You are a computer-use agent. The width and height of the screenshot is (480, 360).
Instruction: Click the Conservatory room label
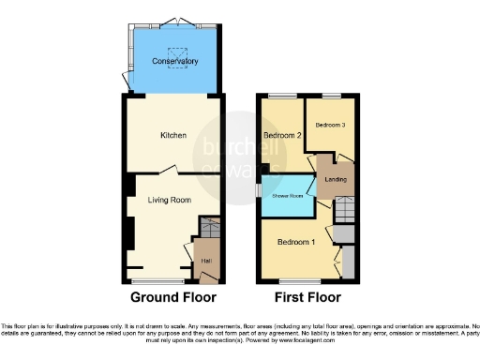176,62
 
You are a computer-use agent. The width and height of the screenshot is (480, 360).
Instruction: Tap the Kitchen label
173,135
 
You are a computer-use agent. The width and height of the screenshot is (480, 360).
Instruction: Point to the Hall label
205,260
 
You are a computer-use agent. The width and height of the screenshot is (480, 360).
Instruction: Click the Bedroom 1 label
294,242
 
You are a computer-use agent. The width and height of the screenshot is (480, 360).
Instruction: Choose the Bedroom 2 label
282,136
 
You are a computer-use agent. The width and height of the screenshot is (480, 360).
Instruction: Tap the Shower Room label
287,195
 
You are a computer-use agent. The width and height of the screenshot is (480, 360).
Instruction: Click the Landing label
336,178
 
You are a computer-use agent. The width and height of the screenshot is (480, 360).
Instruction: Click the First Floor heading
306,299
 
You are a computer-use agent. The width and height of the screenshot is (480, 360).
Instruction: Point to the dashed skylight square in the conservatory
176,53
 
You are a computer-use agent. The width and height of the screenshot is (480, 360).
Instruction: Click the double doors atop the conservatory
177,22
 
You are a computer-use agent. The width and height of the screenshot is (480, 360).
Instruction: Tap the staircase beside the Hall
209,227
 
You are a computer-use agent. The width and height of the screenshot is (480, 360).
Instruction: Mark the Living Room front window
157,281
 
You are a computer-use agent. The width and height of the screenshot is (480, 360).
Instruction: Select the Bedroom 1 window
298,281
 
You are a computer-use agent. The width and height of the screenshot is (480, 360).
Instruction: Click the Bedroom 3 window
331,96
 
